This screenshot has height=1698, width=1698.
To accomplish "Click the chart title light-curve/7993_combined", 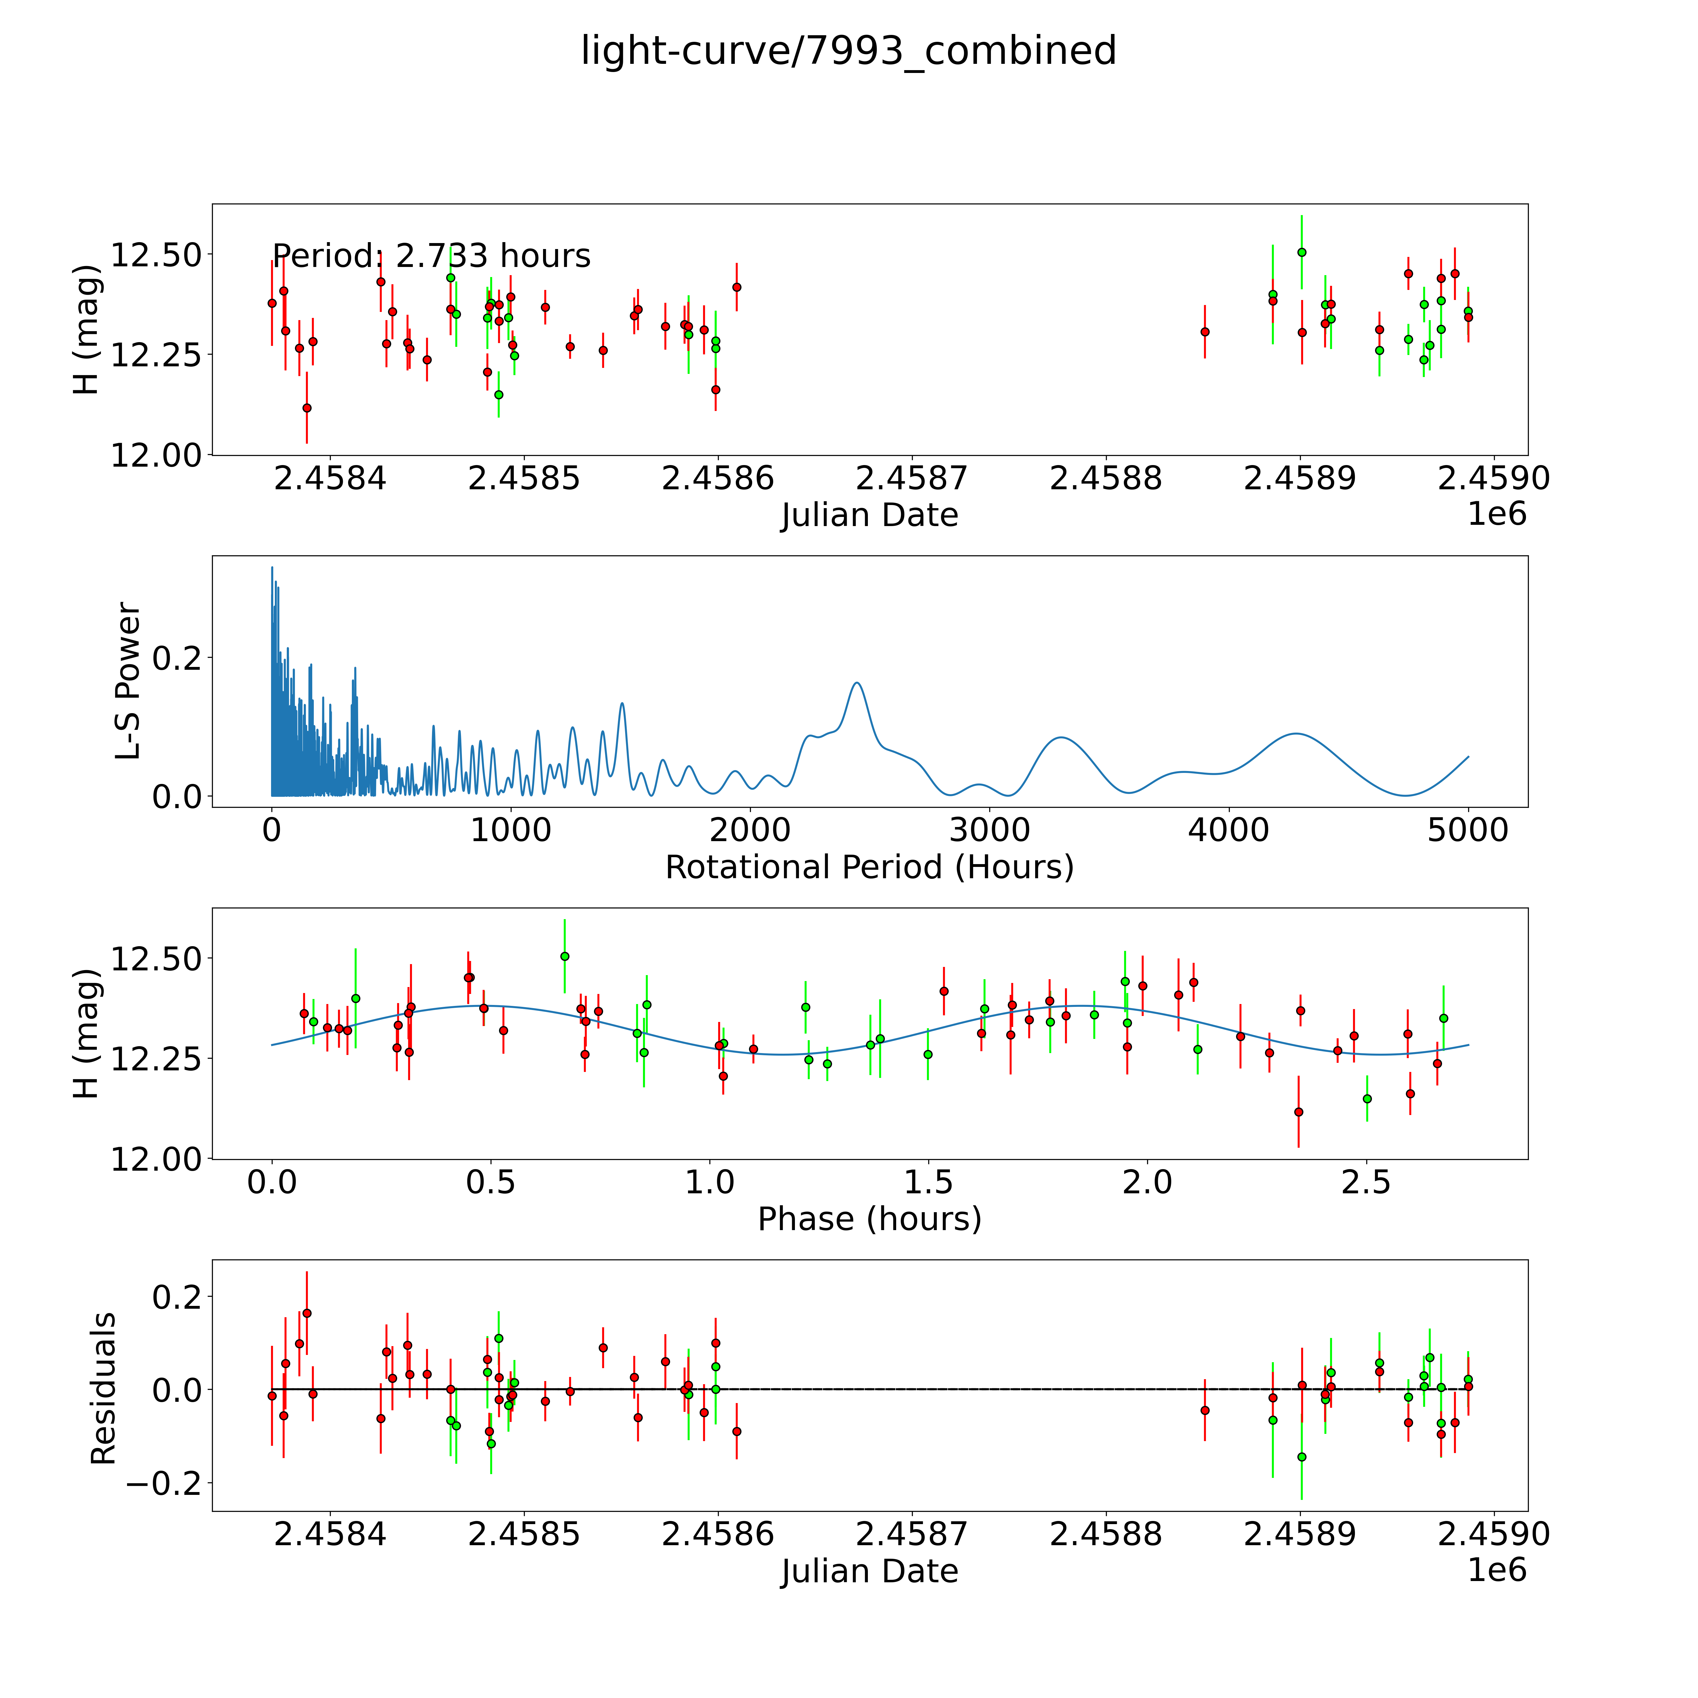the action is [848, 51].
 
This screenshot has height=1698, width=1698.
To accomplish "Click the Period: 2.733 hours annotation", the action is [431, 256].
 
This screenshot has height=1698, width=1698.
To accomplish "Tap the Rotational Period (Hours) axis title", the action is [869, 868].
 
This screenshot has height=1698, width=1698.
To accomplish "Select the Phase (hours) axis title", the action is [869, 1219].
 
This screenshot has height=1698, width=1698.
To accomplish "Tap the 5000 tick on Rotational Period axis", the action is [1468, 830].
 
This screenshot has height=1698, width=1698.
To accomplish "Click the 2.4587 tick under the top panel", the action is [911, 478].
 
